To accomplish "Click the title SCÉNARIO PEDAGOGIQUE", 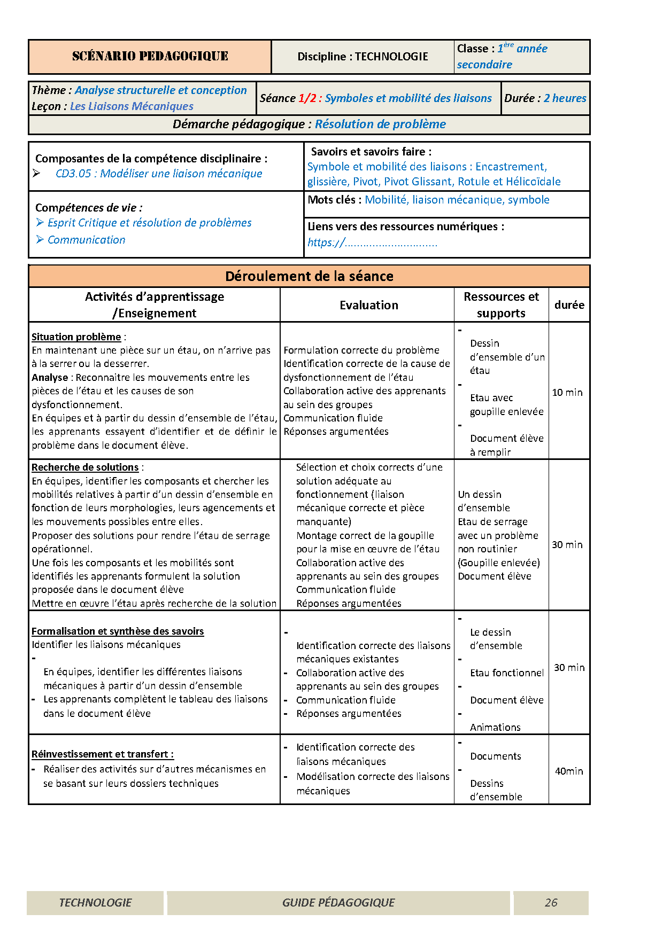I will (x=150, y=56).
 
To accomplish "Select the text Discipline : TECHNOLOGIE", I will (x=363, y=57).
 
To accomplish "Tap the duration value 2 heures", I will (x=565, y=98).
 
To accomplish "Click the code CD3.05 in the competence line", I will (x=73, y=174).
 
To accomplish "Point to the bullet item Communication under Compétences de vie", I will (x=86, y=240).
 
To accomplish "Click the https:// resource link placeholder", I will (x=372, y=243).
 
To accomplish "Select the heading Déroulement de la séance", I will (x=309, y=276).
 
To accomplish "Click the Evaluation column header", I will (x=368, y=305).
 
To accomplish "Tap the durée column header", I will (x=569, y=305).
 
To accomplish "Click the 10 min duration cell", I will (x=567, y=393).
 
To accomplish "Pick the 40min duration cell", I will (x=568, y=771).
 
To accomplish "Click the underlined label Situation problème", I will (x=76, y=337).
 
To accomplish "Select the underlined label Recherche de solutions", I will (x=85, y=467).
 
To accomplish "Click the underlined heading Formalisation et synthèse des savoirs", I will (x=118, y=631).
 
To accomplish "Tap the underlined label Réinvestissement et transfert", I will (x=102, y=754).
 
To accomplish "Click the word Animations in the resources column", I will (x=495, y=728).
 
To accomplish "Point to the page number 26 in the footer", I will (x=551, y=903).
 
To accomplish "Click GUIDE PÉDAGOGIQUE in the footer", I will (x=338, y=903).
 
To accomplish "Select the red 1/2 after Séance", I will (x=307, y=98).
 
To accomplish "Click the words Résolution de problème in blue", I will (x=380, y=124).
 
